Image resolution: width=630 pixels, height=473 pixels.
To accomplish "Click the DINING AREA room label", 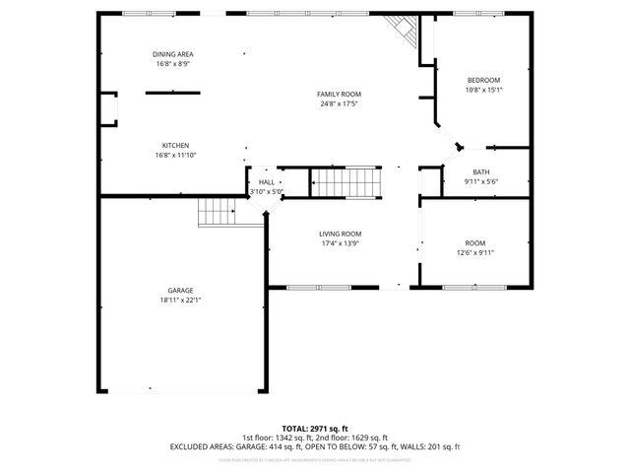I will pos(172,53).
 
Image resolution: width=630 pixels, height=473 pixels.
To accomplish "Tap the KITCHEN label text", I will pos(175,145).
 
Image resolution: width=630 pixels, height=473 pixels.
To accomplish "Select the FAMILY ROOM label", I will pos(332,94).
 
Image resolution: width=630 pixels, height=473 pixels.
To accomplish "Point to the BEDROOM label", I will pos(483,80).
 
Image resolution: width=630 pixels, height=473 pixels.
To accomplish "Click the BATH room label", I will pos(480,171).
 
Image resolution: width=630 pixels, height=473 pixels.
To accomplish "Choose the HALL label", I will pos(267,182).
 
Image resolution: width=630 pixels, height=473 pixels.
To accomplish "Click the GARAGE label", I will pos(180,291).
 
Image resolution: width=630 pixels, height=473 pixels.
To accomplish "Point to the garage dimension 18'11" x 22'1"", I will pos(180,301).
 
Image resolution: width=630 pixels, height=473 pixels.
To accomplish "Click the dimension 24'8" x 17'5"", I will pos(332,103).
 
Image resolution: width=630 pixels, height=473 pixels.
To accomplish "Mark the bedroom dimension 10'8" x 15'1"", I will pos(483,90).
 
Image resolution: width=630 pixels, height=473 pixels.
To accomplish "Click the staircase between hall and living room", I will pos(345,182).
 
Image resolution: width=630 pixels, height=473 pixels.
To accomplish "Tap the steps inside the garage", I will pos(217,211).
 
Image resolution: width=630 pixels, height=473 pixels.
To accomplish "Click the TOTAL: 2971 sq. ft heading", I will pos(314,429).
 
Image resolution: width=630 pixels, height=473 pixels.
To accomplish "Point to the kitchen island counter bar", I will pos(173,94).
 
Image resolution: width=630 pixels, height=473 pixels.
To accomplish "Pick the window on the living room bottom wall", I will pos(316,288).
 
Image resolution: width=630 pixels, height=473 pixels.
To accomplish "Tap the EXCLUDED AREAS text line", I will pos(314,446).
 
